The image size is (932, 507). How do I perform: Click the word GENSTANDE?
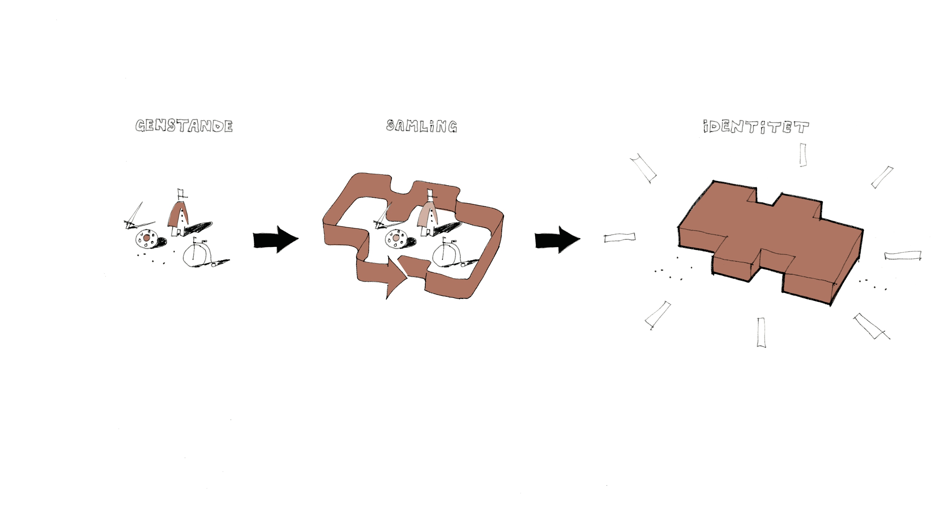[184, 126]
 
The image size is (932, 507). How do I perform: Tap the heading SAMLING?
[422, 126]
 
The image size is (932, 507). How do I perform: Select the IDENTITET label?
[756, 126]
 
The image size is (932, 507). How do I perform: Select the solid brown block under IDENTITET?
[771, 243]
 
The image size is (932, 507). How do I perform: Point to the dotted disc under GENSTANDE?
[147, 239]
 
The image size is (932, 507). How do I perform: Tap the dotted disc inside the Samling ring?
[396, 239]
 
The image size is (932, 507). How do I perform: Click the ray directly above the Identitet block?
[803, 155]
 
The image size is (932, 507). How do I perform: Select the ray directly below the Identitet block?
[761, 333]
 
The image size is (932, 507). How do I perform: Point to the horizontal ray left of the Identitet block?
[620, 238]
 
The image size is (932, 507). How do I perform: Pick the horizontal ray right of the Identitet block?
[903, 255]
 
